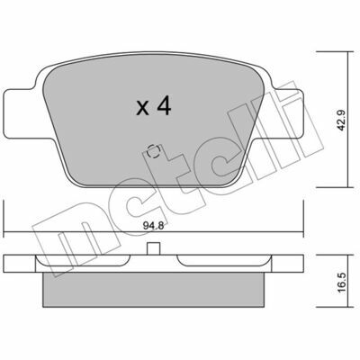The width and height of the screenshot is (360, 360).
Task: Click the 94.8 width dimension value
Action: [x=153, y=226]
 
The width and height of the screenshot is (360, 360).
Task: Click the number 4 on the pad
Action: [x=163, y=106]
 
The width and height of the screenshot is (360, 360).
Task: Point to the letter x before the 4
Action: [x=142, y=109]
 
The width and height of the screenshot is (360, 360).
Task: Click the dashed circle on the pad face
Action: [x=153, y=151]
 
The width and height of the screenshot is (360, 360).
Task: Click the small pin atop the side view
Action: [x=153, y=248]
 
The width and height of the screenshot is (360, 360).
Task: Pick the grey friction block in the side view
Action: [x=153, y=290]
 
